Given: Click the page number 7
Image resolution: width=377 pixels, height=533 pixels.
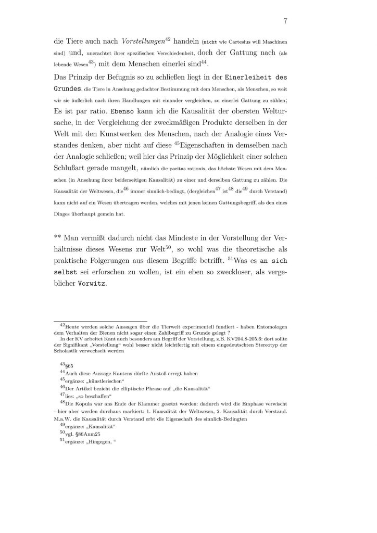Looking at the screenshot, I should pyautogui.click(x=286, y=21).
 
